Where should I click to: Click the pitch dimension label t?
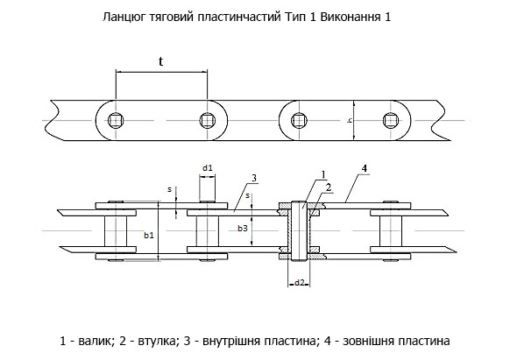click(x=160, y=61)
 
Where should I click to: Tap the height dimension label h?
click(x=350, y=120)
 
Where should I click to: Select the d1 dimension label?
click(x=208, y=168)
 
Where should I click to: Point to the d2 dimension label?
click(x=299, y=283)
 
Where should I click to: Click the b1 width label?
click(x=149, y=236)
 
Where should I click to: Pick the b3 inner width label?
click(x=243, y=229)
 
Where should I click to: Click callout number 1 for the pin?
click(x=323, y=175)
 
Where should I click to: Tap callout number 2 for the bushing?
click(x=329, y=187)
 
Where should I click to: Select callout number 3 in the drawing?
click(x=254, y=178)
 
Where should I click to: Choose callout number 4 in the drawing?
click(x=365, y=168)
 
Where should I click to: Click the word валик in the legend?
click(x=96, y=341)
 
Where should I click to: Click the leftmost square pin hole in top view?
click(x=116, y=120)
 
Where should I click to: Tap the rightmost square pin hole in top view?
click(x=391, y=120)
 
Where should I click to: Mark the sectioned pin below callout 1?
click(x=299, y=231)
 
